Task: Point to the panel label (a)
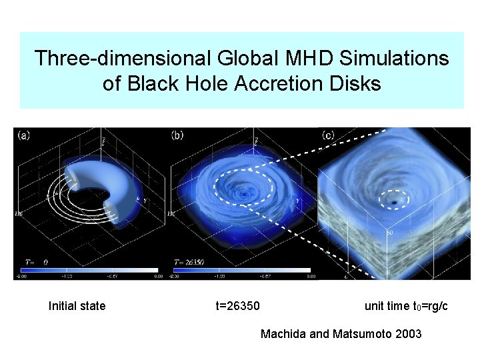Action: tap(24, 135)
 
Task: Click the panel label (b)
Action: tap(177, 135)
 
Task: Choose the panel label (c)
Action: tap(328, 135)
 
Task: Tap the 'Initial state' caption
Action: tap(77, 306)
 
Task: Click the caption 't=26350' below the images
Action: tap(237, 306)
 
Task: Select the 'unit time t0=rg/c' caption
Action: tap(405, 306)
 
